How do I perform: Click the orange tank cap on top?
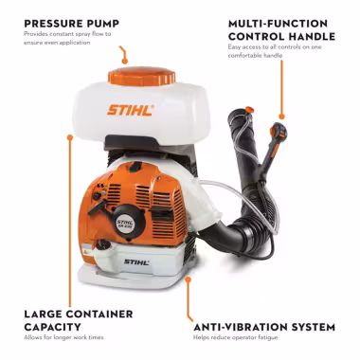click(x=141, y=76)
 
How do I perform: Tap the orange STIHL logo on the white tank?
click(x=131, y=110)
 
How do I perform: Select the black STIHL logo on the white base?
click(x=136, y=261)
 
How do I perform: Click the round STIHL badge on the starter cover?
click(x=126, y=224)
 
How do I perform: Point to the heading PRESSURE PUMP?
click(x=72, y=24)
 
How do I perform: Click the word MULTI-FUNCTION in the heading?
click(x=274, y=24)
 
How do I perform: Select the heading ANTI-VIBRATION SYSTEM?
click(x=264, y=327)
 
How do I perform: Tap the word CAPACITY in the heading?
click(x=52, y=327)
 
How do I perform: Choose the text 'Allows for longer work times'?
click(x=63, y=337)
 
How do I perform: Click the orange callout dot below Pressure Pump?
click(x=125, y=62)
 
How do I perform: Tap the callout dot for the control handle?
click(x=282, y=117)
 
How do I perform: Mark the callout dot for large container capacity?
click(x=70, y=137)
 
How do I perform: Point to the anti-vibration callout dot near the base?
click(x=189, y=279)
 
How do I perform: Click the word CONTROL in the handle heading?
click(x=256, y=36)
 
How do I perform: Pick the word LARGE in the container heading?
click(x=43, y=315)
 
